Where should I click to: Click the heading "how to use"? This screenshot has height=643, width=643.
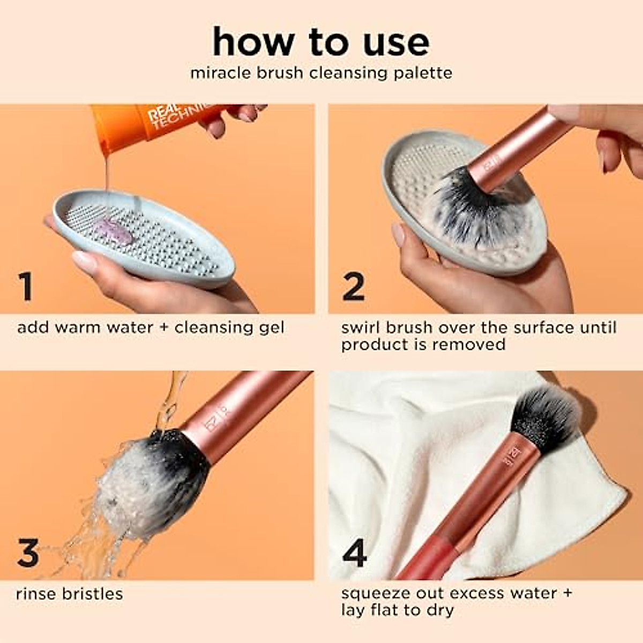pos(321,42)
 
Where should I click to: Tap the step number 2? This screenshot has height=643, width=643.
pos(353,287)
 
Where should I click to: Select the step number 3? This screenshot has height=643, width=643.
pos(28,553)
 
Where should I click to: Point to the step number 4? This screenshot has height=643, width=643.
pos(354,553)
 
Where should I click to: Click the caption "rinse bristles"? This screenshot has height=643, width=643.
pos(70,594)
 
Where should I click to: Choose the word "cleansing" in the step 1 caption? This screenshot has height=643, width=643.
pos(211,327)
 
